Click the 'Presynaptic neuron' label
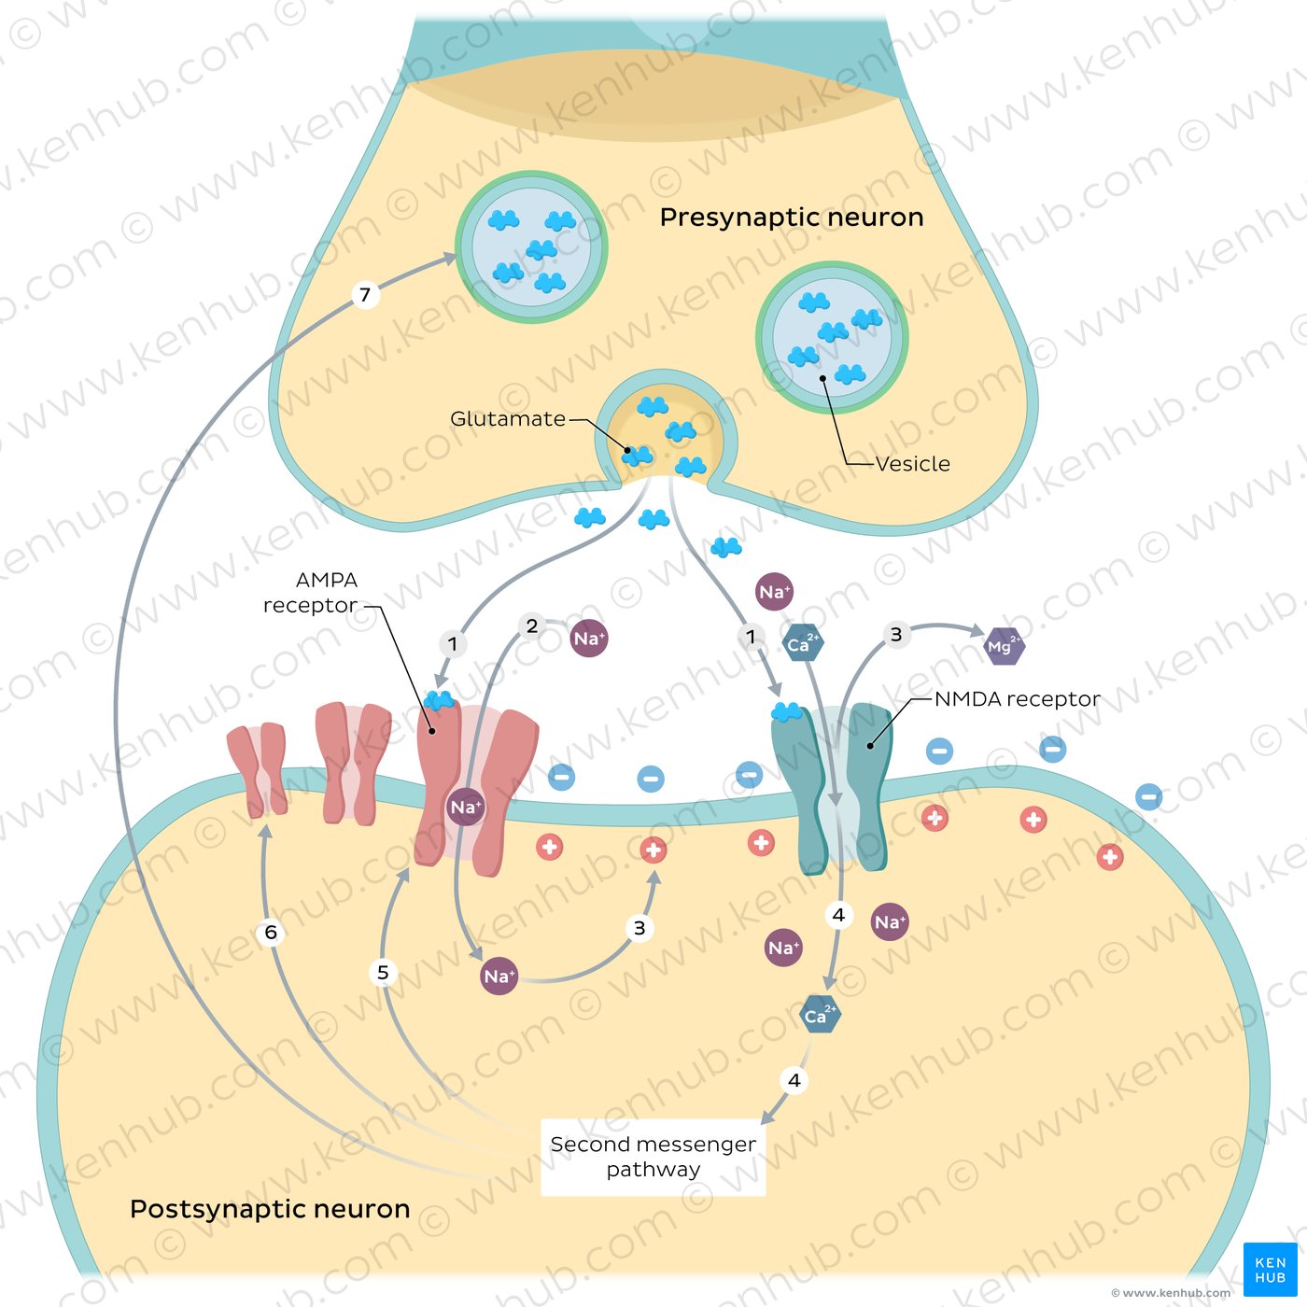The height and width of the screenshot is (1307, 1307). click(x=791, y=218)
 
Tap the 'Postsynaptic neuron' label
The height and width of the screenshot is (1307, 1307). click(x=270, y=1209)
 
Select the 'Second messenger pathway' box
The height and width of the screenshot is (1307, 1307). click(x=653, y=1157)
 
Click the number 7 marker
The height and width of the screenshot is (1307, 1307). click(x=365, y=295)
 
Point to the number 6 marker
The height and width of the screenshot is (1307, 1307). click(x=271, y=932)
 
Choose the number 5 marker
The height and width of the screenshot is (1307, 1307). click(x=383, y=973)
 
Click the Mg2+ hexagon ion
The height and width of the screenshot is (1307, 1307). click(x=1005, y=645)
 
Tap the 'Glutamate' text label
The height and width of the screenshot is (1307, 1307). click(x=507, y=419)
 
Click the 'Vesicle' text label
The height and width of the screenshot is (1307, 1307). click(x=912, y=464)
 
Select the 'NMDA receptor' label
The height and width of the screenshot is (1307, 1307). click(x=1017, y=699)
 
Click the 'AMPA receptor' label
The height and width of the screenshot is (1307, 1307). click(x=312, y=593)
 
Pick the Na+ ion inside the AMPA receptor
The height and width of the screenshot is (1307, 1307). click(x=465, y=808)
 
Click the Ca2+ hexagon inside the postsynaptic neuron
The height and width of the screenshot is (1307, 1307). click(x=821, y=1015)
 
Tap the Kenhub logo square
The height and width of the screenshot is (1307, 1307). click(x=1270, y=1270)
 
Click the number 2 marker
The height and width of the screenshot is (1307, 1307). click(x=532, y=625)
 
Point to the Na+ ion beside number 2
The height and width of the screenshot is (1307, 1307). click(x=589, y=639)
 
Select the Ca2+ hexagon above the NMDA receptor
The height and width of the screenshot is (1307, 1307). click(x=802, y=643)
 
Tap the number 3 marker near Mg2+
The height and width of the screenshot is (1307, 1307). click(x=896, y=635)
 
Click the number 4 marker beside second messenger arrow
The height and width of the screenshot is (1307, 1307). click(x=794, y=1080)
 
